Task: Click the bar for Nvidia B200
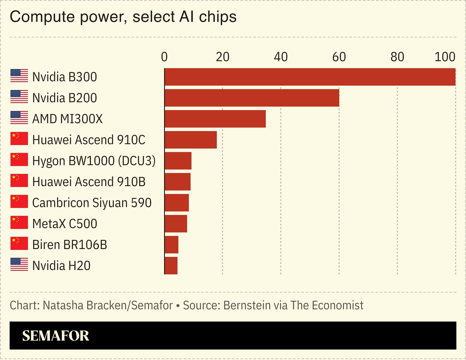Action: coord(252,98)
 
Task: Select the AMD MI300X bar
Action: coord(215,119)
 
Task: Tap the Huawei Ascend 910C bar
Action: coord(191,140)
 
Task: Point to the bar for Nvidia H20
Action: coord(171,266)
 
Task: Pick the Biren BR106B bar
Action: coord(171,245)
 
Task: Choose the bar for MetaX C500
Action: coord(176,224)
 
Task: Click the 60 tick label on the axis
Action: coord(339,57)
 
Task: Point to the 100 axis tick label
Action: coord(445,57)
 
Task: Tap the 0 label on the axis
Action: coord(164,57)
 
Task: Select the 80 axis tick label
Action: coord(397,57)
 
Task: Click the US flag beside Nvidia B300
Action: coord(19,76)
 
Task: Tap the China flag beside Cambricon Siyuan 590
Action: coord(19,202)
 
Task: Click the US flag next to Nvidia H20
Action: coord(19,264)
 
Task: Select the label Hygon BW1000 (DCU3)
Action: coord(94,161)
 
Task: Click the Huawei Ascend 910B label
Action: coord(89,182)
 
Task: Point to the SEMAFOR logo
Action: coord(56,336)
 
